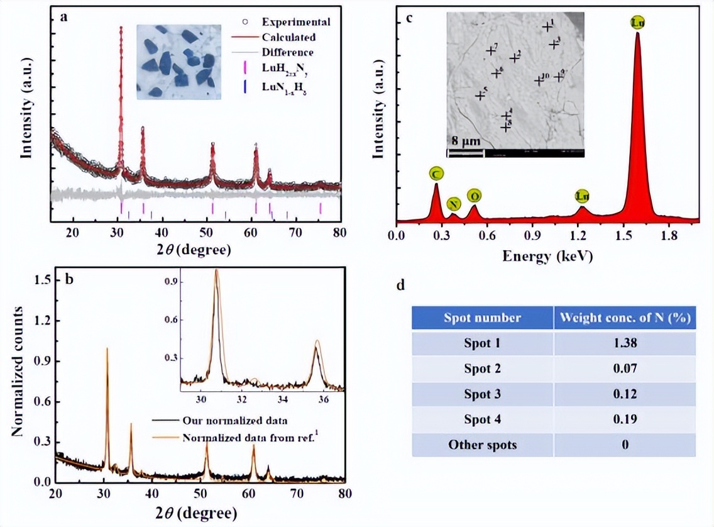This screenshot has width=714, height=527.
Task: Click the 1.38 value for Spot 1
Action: point(624,343)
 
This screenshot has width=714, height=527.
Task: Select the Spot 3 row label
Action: point(482,394)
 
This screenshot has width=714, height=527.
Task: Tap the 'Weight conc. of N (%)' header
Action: point(624,318)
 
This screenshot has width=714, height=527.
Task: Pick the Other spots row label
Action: point(482,445)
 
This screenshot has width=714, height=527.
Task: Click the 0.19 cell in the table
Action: point(624,419)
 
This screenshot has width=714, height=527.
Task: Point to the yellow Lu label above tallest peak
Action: point(637,23)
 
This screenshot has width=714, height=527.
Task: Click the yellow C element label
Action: point(436,173)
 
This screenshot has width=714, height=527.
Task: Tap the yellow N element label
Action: point(453,204)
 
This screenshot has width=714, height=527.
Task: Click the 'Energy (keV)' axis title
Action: point(547,256)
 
